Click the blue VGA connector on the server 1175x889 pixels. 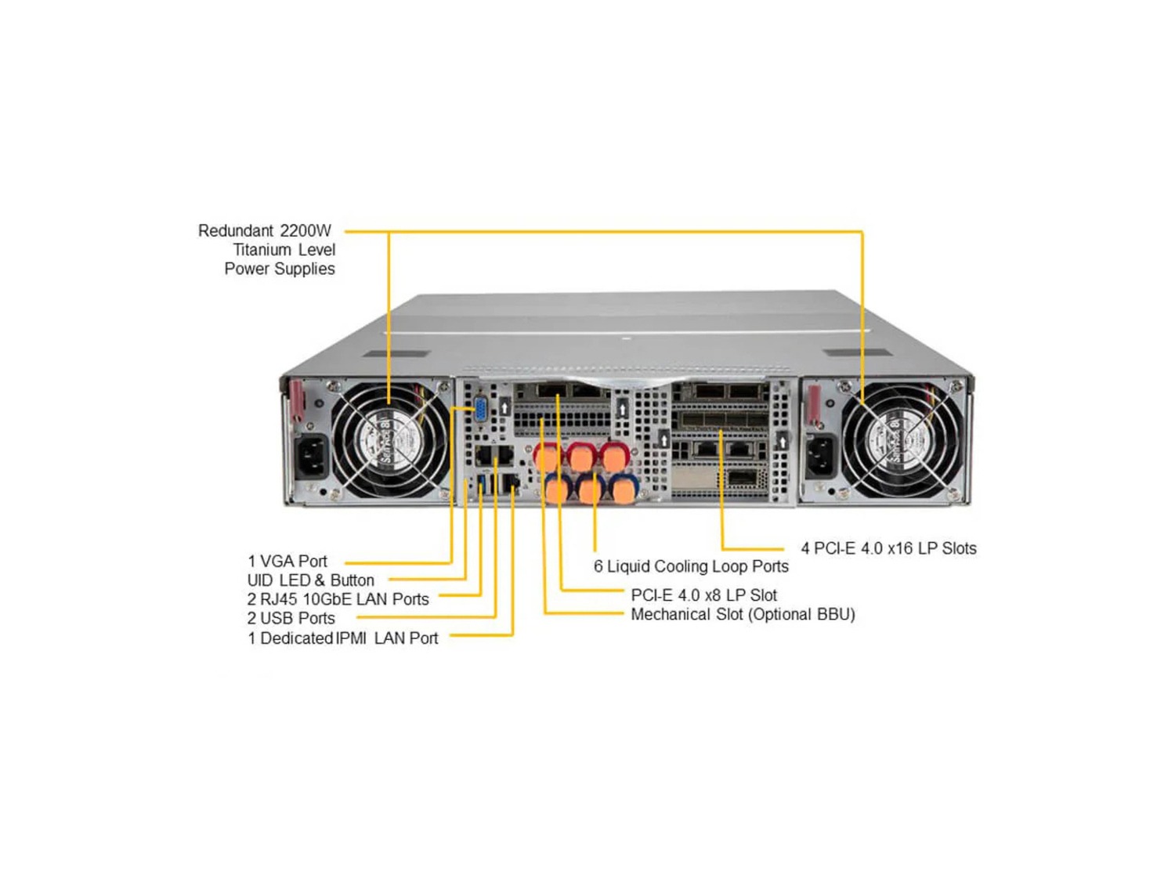coord(480,410)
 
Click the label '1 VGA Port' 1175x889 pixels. coord(287,562)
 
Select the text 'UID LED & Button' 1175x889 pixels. coord(310,580)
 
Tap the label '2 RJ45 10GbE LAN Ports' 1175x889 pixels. coord(338,599)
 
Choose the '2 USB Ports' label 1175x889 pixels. coord(291,618)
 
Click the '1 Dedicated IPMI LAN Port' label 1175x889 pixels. coord(342,638)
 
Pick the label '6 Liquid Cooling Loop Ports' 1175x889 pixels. coord(690,566)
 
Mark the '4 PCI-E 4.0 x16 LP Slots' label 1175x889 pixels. coord(888,548)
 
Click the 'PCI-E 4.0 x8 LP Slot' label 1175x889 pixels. coord(703,595)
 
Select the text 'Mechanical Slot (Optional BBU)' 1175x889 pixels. coord(743,614)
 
